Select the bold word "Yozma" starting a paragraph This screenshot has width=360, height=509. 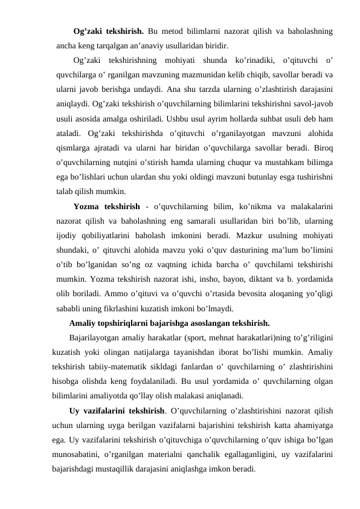[x=87, y=207]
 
